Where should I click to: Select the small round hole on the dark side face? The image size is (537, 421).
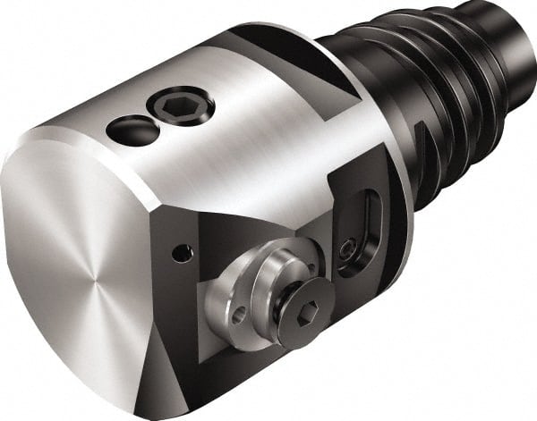click(x=182, y=255)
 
